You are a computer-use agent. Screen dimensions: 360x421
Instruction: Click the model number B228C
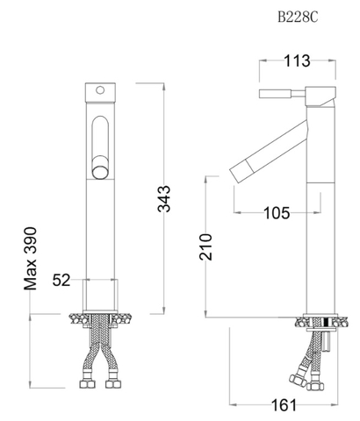click(x=298, y=18)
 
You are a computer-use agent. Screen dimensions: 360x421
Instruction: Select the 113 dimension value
click(x=297, y=61)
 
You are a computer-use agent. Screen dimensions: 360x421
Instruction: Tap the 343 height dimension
click(x=164, y=198)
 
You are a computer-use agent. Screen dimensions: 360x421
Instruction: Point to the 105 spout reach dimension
click(x=277, y=212)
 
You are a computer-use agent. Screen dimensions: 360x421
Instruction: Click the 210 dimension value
click(x=205, y=246)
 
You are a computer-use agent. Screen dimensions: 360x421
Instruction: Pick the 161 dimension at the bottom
click(x=284, y=405)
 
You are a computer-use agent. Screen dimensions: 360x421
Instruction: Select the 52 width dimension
click(x=61, y=280)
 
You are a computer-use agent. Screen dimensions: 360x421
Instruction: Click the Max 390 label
click(x=31, y=259)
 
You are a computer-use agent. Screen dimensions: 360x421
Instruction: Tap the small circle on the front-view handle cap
click(x=100, y=90)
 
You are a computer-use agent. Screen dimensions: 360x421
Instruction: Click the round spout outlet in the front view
click(x=100, y=172)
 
